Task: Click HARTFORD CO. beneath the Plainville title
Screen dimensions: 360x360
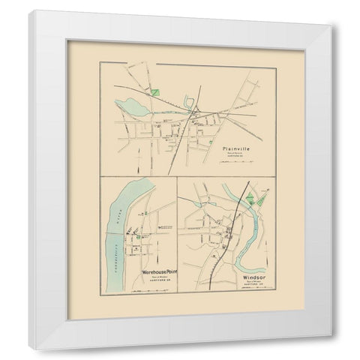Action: point(235,158)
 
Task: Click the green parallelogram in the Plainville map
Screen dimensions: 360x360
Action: point(154,93)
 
